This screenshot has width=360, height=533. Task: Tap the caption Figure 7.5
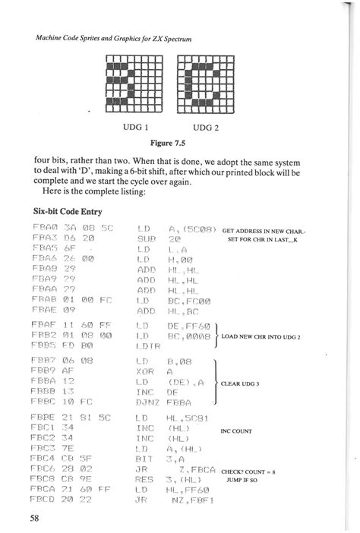pyautogui.click(x=170, y=141)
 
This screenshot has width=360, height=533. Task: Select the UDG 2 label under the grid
pyautogui.click(x=206, y=126)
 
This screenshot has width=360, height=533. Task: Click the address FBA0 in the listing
pyautogui.click(x=46, y=227)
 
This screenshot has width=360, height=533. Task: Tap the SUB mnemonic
pyautogui.click(x=145, y=238)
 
